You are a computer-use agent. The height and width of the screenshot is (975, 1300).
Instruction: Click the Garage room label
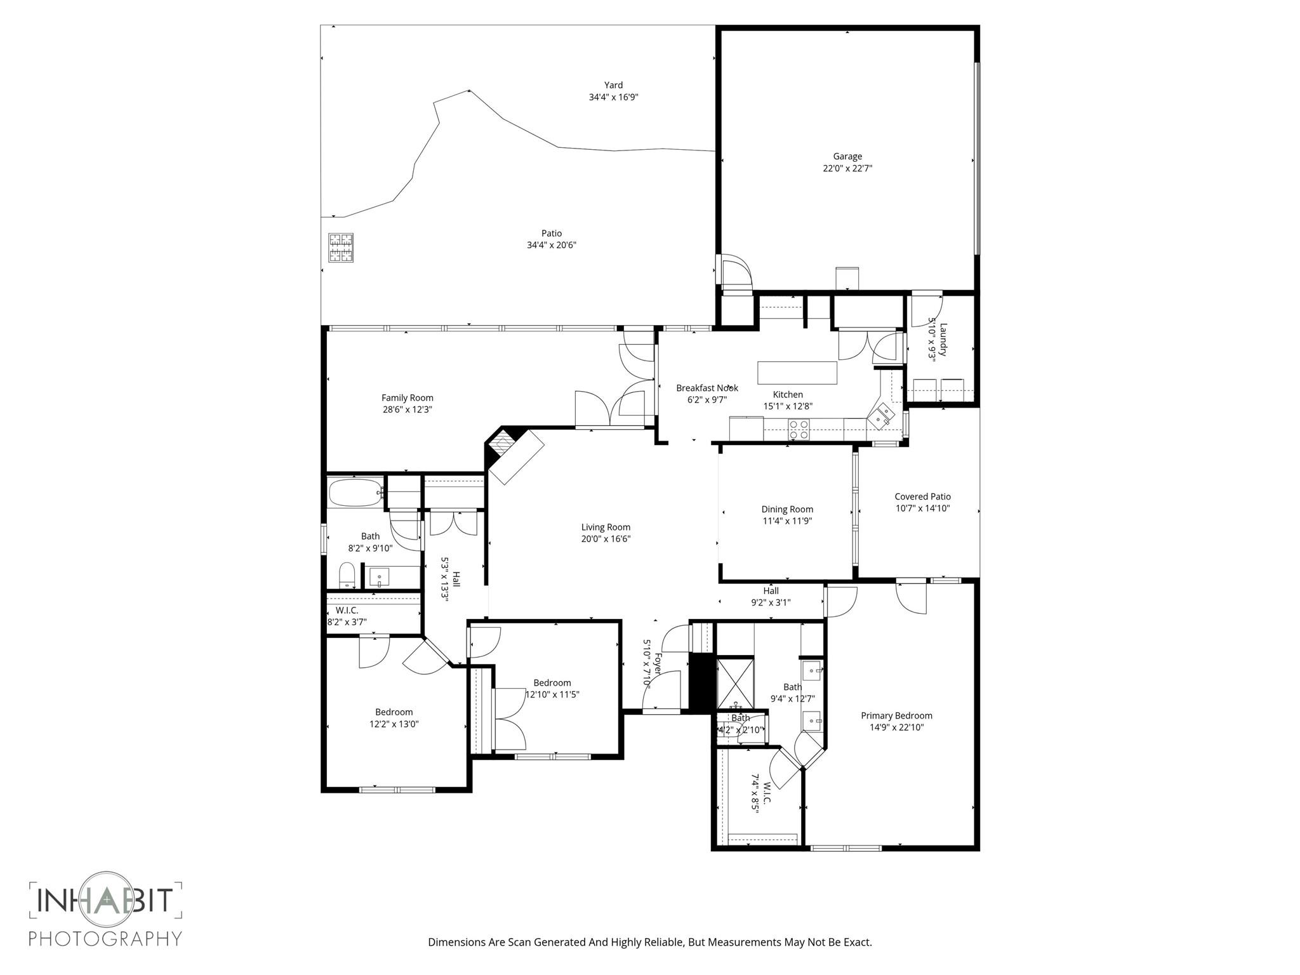847,156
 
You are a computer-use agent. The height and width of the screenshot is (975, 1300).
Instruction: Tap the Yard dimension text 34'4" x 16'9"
613,97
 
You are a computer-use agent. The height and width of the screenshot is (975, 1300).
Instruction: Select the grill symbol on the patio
341,248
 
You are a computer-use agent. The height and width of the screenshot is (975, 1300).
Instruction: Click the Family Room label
407,398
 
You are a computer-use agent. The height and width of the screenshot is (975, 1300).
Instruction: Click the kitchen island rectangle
797,373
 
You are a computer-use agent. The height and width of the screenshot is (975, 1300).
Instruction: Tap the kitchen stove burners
799,430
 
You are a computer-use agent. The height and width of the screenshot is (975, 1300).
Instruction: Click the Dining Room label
787,509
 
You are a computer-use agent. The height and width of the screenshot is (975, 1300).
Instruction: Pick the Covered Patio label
922,496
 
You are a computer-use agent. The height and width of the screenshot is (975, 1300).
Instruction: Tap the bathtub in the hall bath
354,493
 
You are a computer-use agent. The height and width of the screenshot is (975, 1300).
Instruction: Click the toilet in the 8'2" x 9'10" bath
347,575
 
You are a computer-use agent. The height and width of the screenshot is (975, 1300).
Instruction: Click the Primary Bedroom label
896,715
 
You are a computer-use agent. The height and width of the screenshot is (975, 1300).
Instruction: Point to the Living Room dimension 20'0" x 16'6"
606,539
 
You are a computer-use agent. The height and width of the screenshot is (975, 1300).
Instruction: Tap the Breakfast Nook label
706,388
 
